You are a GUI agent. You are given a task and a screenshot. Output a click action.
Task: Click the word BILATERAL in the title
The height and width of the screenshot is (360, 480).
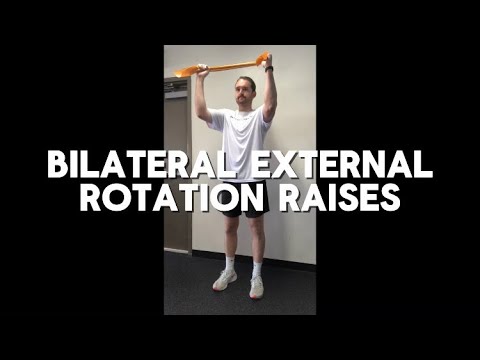pyautogui.click(x=135, y=163)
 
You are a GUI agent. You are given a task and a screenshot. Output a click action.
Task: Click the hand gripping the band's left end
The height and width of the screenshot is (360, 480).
pyautogui.click(x=201, y=70)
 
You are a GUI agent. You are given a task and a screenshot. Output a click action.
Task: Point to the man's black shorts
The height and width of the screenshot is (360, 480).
pyautogui.click(x=240, y=210)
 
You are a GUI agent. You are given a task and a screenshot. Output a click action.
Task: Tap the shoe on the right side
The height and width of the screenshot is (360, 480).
pyautogui.click(x=258, y=287)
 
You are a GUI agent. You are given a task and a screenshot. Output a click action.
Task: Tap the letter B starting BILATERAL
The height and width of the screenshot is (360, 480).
pyautogui.click(x=56, y=163)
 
